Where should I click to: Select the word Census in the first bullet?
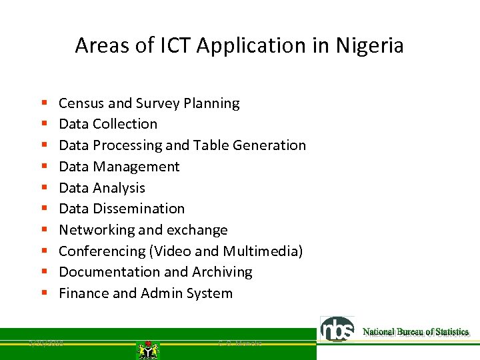81,103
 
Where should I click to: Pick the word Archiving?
222,272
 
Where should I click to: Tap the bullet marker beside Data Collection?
43,125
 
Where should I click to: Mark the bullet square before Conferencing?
43,252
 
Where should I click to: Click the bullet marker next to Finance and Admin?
43,294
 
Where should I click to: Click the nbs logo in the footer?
338,329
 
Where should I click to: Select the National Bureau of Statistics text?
415,332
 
